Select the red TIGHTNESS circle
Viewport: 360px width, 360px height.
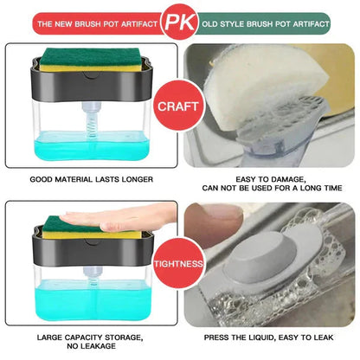pos(179,264)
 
